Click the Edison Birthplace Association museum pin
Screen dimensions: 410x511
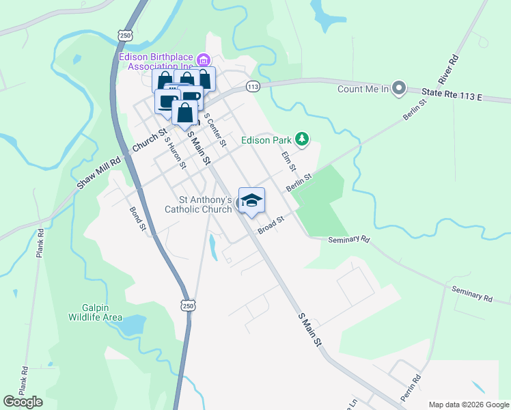[x=203, y=57]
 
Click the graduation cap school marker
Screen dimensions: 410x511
[x=251, y=200]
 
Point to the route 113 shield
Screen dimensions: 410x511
[x=253, y=87]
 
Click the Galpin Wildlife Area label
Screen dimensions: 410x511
[x=95, y=312]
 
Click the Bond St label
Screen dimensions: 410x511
[x=137, y=219]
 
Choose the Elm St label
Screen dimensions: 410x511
[x=290, y=162]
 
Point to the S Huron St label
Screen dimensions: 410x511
[x=175, y=152]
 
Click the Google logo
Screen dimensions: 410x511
[x=23, y=402]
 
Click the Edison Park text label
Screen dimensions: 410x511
[x=266, y=141]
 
